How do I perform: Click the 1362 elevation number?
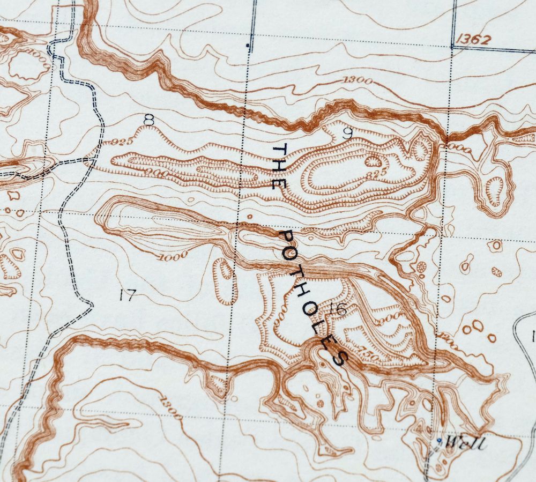(475, 39)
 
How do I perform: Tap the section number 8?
(149, 121)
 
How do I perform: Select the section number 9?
(347, 134)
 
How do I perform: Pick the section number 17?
(128, 294)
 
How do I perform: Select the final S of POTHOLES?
(340, 358)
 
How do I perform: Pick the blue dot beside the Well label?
(439, 440)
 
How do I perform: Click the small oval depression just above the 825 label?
(372, 160)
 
